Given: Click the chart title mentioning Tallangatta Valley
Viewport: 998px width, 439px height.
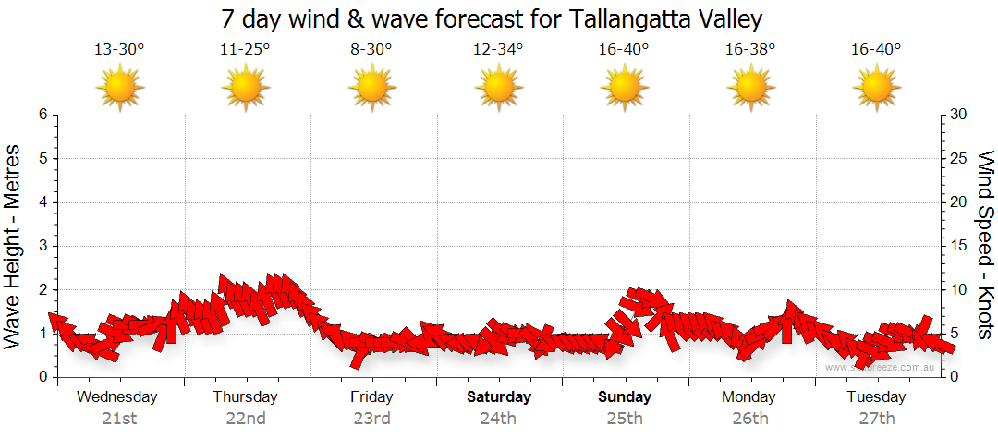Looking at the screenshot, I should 493,19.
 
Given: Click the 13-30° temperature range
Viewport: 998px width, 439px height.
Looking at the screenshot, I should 119,50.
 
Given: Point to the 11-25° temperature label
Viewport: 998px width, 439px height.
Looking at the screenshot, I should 245,50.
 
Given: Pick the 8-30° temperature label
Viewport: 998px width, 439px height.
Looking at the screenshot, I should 371,50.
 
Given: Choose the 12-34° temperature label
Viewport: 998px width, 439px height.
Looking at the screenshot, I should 498,50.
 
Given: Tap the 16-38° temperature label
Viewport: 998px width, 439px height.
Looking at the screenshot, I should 750,50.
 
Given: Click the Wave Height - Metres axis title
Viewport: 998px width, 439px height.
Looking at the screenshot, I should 15,245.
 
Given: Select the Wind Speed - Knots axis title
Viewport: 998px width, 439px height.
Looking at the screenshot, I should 984,245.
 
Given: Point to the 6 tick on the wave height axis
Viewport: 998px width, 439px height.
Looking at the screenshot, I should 42,115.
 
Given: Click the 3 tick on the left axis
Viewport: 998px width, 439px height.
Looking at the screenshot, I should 42,246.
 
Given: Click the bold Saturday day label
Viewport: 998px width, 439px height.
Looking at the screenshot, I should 498,397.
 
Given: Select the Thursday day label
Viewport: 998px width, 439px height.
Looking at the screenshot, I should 245,397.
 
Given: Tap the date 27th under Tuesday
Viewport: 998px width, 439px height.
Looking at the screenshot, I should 877,419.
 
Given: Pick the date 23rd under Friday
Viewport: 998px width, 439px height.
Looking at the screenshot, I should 371,419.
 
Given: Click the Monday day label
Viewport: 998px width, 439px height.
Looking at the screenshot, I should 749,397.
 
